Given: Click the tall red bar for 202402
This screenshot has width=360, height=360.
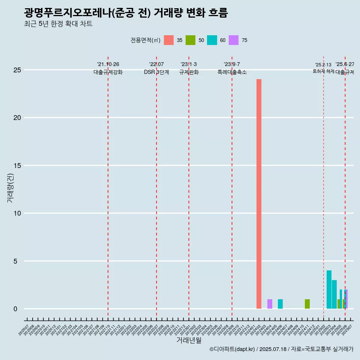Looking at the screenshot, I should (259, 194).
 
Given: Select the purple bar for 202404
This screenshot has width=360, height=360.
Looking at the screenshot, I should (270, 304).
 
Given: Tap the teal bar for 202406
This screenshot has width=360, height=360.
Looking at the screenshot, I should (280, 304).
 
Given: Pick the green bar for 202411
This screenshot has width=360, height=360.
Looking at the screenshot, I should (307, 304).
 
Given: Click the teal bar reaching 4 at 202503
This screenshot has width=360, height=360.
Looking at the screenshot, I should (329, 289).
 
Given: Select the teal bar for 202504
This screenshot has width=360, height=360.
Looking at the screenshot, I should (334, 294).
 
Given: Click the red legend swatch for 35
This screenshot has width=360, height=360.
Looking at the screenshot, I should (169, 40).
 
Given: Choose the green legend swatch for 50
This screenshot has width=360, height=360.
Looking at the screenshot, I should (190, 40).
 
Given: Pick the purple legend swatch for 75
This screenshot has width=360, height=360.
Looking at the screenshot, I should (234, 40).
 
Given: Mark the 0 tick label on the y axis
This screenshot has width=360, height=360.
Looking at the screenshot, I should (15, 309).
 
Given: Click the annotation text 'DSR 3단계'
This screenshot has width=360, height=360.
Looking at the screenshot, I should (156, 72).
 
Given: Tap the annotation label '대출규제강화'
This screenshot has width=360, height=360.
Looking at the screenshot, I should (108, 72).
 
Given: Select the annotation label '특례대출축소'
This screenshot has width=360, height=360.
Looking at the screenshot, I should (232, 72).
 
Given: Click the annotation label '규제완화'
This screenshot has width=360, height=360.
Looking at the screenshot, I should (189, 72).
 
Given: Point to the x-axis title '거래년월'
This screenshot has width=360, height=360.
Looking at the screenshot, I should (189, 340).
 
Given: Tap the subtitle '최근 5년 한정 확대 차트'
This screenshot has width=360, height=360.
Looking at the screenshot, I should (58, 24).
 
